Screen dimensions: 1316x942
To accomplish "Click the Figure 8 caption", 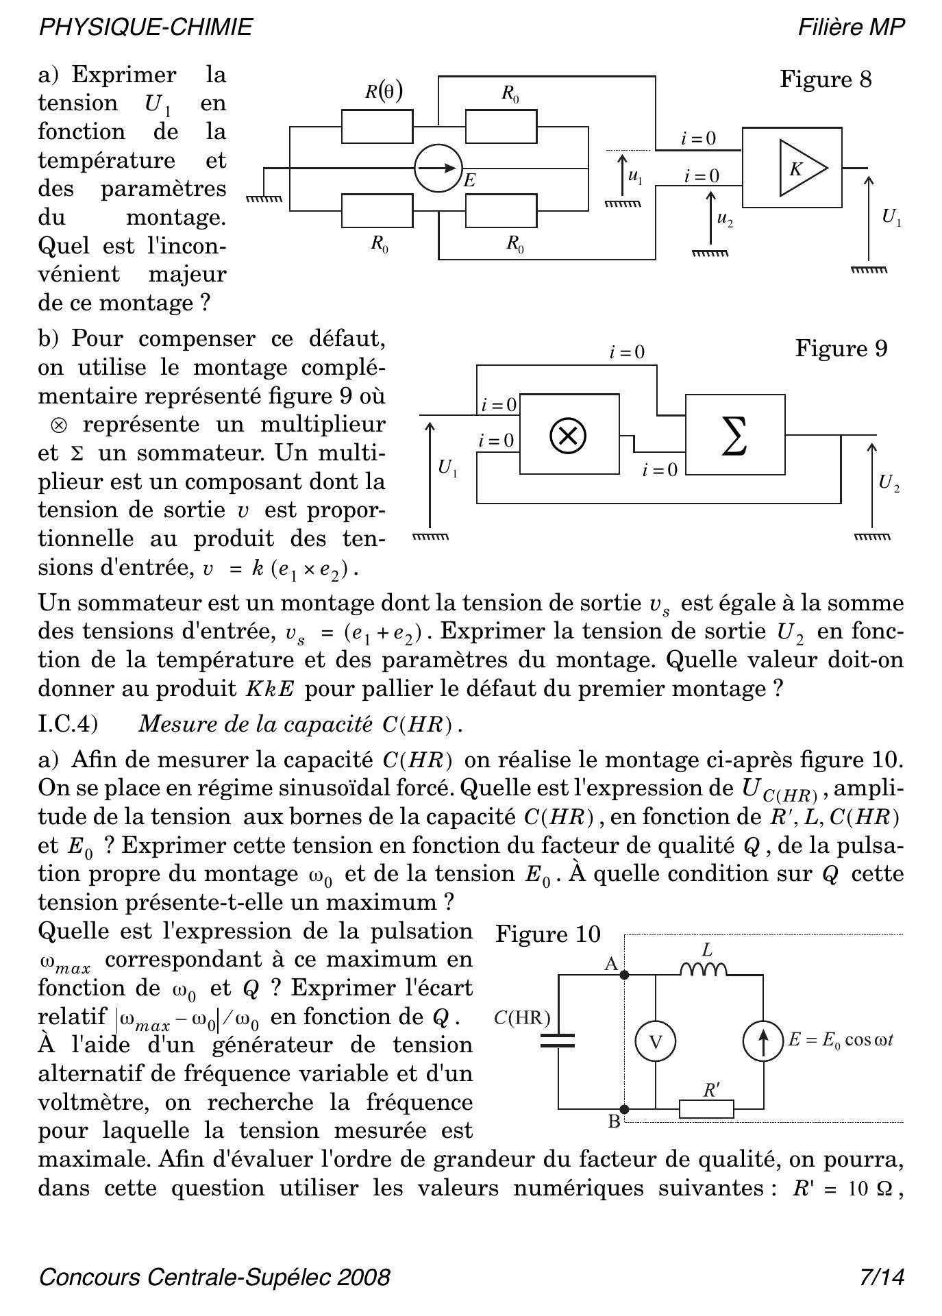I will (x=826, y=79).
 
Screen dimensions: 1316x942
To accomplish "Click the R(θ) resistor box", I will (x=377, y=126).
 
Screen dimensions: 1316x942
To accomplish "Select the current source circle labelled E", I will (x=438, y=168).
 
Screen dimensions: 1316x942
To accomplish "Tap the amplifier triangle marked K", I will (x=802, y=168).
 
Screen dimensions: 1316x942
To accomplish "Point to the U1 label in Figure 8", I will (x=891, y=218).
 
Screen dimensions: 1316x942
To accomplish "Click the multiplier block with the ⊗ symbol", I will (x=569, y=434).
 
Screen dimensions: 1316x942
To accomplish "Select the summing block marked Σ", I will (x=734, y=434).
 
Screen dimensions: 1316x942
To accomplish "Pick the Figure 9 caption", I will (x=841, y=349).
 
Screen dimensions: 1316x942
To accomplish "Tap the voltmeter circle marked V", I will (x=656, y=1042).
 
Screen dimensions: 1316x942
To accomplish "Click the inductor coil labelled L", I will (x=704, y=969).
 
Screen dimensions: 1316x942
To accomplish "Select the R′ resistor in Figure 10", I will (x=706, y=1108).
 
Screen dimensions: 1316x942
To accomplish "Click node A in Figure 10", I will (x=624, y=973).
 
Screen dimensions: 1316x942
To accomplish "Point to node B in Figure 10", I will (x=624, y=1108).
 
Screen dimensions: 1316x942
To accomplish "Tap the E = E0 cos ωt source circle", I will (x=763, y=1040).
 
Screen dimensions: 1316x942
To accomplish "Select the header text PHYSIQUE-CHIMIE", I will (x=146, y=27).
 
